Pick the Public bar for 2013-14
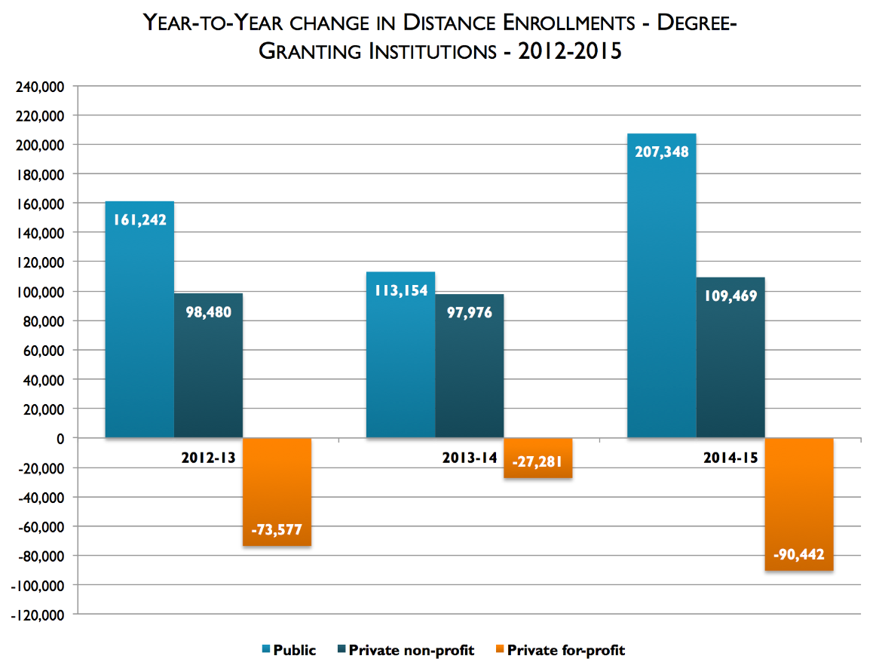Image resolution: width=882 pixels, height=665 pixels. tap(400, 362)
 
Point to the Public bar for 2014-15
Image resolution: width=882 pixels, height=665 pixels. tap(661, 302)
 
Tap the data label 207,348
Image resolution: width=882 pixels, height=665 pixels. tap(661, 151)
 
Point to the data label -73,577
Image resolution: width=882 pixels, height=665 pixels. tap(277, 530)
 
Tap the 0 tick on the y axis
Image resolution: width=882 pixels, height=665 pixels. tap(62, 438)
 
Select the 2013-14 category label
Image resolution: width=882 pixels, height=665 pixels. tap(469, 458)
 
